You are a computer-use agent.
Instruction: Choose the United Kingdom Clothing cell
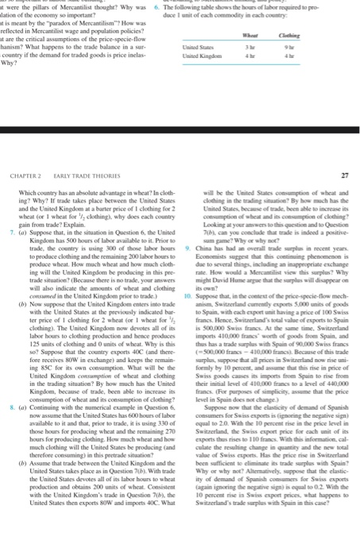[x=316, y=55]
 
